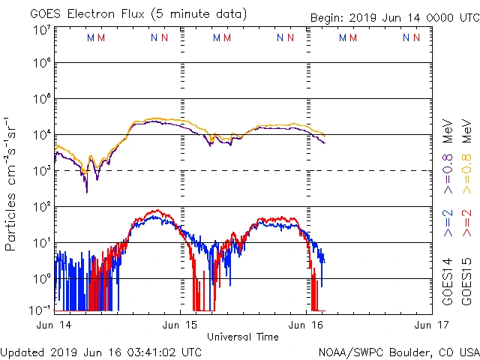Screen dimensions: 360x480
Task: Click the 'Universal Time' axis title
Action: tap(243, 337)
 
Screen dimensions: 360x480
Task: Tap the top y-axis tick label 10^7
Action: tap(40, 30)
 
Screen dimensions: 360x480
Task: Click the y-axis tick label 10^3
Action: tap(40, 169)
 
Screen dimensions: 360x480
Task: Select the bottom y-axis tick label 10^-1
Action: tap(40, 309)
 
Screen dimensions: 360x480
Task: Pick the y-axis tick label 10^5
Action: tap(40, 100)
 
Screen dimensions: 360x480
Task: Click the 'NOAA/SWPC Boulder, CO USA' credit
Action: tap(398, 351)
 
